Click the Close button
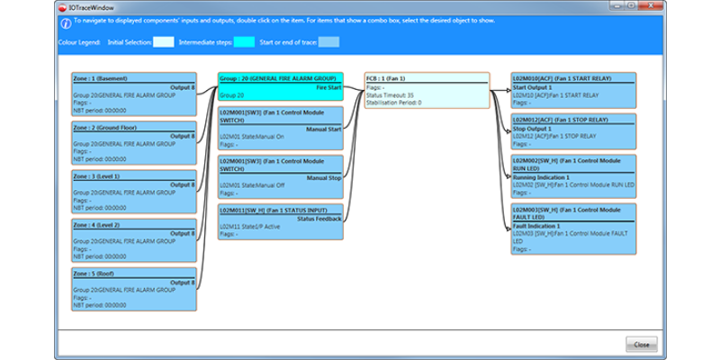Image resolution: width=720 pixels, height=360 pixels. click(x=641, y=344)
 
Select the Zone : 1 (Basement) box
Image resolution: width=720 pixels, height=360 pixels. click(x=133, y=94)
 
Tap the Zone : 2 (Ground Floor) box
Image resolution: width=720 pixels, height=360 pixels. click(x=133, y=142)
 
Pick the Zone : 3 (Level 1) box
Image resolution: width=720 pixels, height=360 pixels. click(x=133, y=191)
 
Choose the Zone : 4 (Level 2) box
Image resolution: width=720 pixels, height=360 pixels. click(x=133, y=239)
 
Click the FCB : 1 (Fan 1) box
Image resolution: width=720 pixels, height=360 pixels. click(x=427, y=91)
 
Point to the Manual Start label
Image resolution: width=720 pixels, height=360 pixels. click(x=324, y=129)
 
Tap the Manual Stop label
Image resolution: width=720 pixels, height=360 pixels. click(x=324, y=177)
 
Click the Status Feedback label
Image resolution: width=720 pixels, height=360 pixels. click(x=319, y=218)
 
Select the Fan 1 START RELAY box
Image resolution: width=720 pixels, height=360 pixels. click(x=573, y=91)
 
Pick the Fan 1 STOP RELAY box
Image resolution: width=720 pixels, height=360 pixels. click(x=573, y=131)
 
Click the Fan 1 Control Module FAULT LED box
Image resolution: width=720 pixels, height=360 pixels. click(x=573, y=228)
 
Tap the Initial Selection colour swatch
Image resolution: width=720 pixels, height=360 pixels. click(x=163, y=41)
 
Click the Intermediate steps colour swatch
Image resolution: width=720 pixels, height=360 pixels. click(x=244, y=41)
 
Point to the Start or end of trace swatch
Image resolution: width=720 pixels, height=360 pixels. click(x=328, y=41)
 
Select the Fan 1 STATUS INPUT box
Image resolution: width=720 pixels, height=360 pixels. click(x=280, y=221)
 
